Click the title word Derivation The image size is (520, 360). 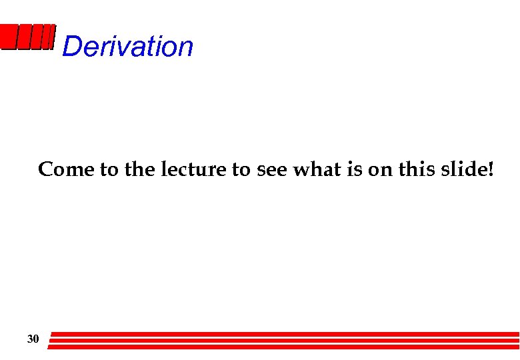[127, 47]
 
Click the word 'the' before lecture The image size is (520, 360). [139, 170]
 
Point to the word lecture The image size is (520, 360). [194, 170]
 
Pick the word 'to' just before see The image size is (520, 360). [241, 170]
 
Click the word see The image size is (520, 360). [271, 170]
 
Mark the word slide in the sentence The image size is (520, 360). [465, 170]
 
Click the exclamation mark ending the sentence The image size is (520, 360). [491, 170]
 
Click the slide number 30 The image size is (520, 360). [33, 340]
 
